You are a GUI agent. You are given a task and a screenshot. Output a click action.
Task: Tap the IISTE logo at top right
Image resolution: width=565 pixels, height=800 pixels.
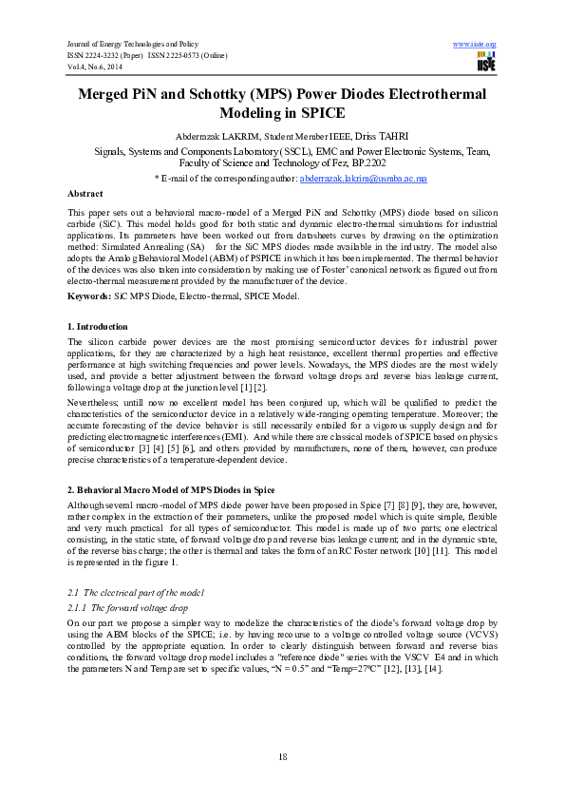click(485, 63)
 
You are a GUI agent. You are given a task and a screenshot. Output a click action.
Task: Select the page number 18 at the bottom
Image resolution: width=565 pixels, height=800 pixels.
click(282, 756)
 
